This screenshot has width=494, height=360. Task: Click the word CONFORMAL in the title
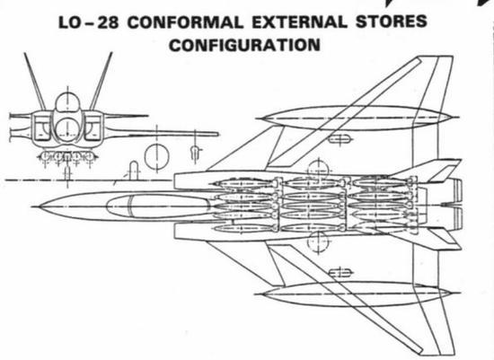(186, 22)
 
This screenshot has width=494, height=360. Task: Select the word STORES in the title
(391, 22)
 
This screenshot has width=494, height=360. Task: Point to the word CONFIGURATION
(244, 45)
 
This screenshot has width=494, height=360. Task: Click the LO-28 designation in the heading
(89, 22)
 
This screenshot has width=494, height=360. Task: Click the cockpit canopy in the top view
(158, 206)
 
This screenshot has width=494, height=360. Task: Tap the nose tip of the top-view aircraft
(32, 206)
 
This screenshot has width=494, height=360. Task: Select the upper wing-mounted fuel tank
(357, 119)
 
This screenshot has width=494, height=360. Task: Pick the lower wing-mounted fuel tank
(357, 294)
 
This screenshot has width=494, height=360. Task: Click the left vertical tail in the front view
(35, 82)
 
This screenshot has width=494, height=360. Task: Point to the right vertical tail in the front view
(101, 81)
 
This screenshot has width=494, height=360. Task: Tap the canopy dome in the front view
(67, 101)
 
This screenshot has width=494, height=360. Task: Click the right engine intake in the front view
(93, 127)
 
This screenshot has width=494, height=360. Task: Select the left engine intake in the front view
(42, 127)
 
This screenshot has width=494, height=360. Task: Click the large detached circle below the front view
(157, 156)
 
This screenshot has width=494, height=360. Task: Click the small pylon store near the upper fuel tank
(340, 138)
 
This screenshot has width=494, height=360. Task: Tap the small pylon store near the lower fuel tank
(340, 272)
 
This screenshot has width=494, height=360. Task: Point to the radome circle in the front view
(67, 128)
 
